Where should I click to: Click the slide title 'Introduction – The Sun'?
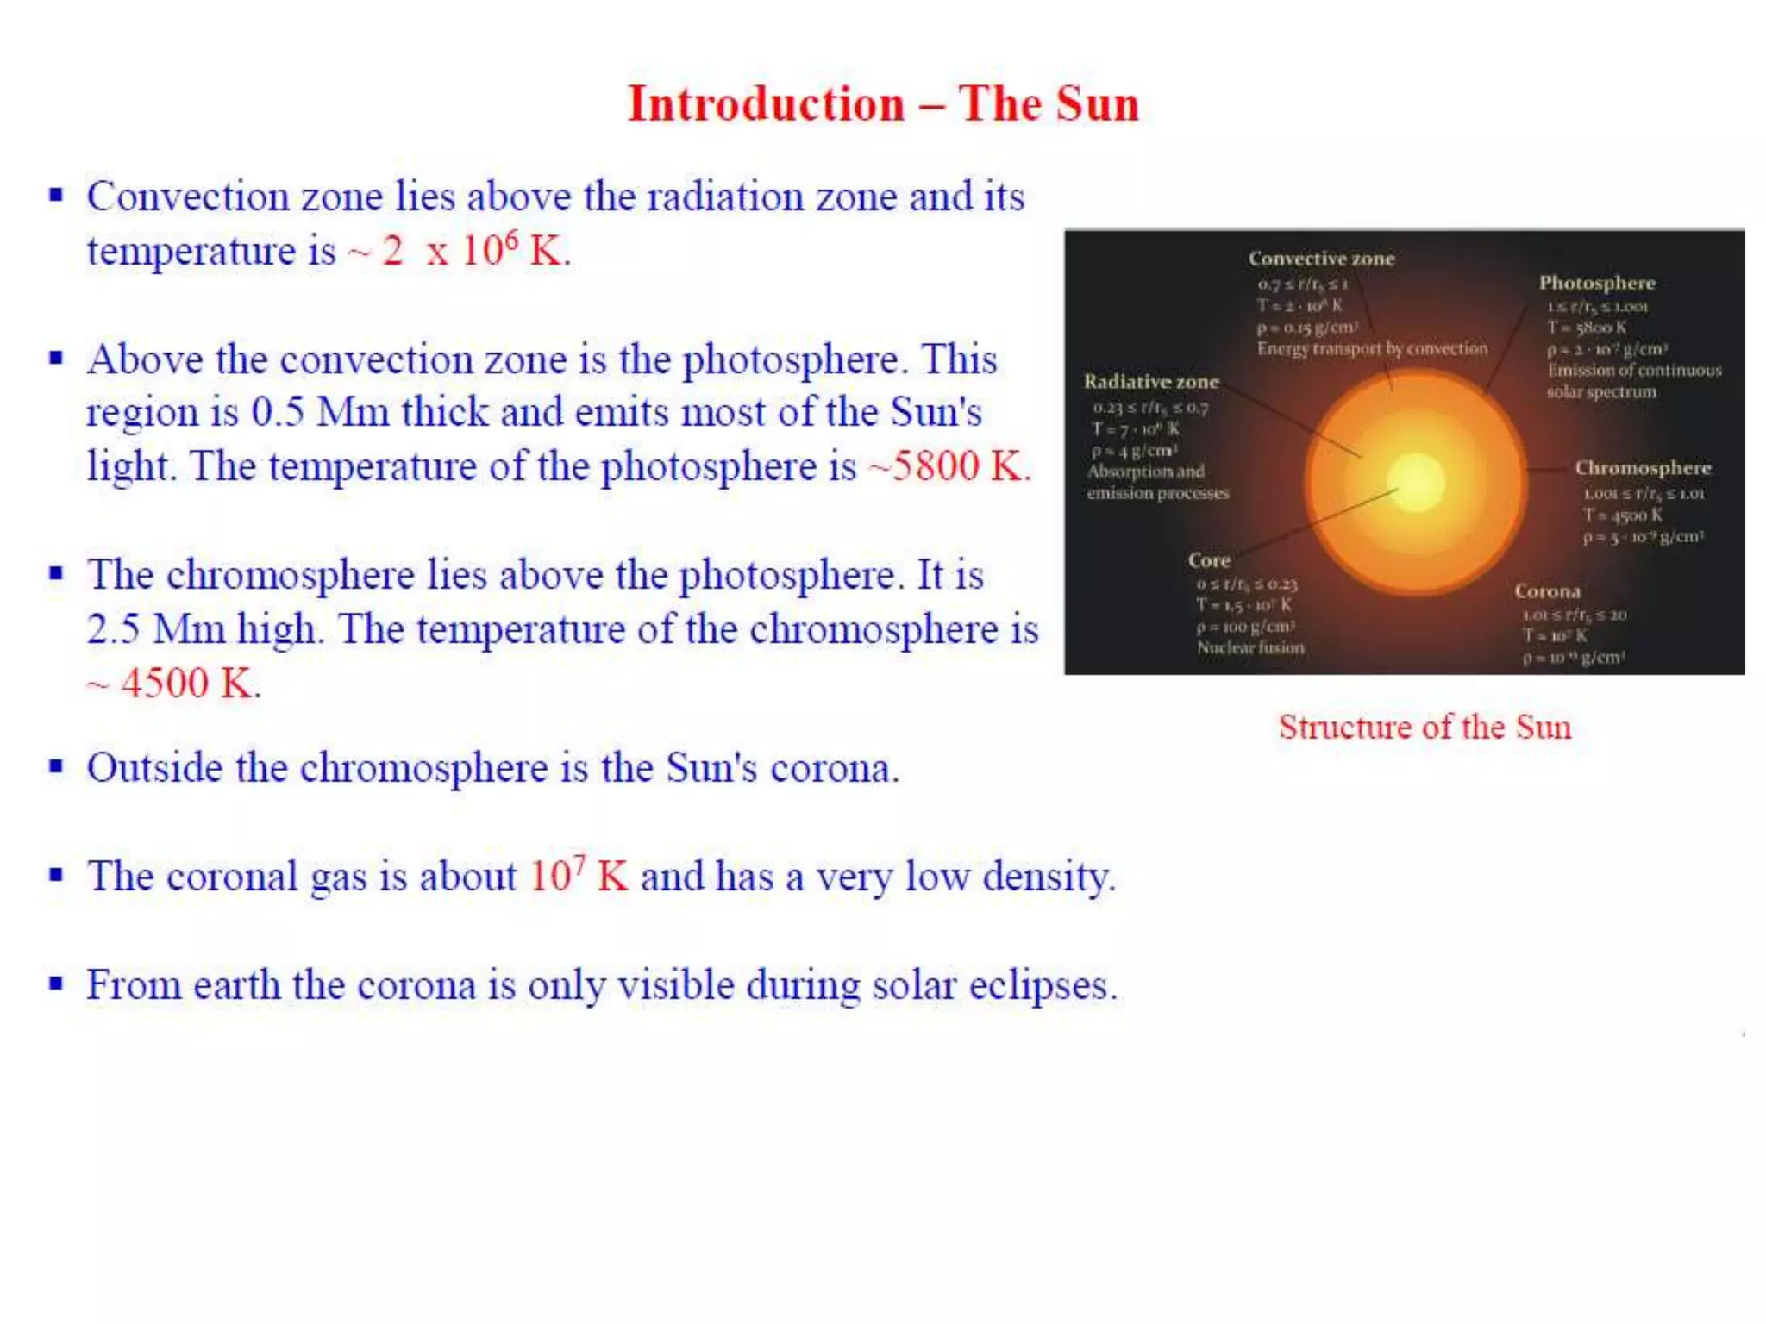883,104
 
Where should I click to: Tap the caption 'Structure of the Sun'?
1425,727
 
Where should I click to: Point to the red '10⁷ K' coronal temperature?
578,877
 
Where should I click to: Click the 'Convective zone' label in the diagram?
1321,259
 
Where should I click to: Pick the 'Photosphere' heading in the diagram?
1597,283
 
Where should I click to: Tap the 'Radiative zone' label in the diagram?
1151,382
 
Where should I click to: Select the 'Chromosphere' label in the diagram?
1643,468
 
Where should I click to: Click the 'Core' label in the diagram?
1209,560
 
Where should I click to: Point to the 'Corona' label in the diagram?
1548,591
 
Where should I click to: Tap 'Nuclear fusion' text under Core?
1250,647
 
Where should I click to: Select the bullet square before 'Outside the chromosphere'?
56,765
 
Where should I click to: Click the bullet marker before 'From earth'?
56,983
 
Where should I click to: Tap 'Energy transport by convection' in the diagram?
1372,348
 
